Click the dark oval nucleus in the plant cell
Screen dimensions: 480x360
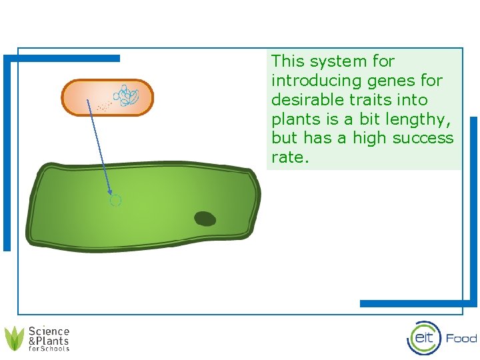tap(205, 219)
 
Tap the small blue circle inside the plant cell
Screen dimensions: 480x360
tap(115, 200)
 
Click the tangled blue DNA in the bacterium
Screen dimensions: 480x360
tap(126, 96)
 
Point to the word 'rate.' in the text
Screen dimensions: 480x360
tap(290, 158)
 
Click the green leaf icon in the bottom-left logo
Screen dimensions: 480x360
tap(15, 338)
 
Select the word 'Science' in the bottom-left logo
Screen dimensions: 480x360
tap(49, 331)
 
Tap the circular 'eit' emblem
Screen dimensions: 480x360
tap(424, 338)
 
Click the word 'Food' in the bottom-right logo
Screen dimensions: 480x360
tap(461, 338)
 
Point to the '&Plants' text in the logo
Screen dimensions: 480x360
tap(49, 341)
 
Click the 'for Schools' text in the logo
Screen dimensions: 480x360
tap(49, 349)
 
